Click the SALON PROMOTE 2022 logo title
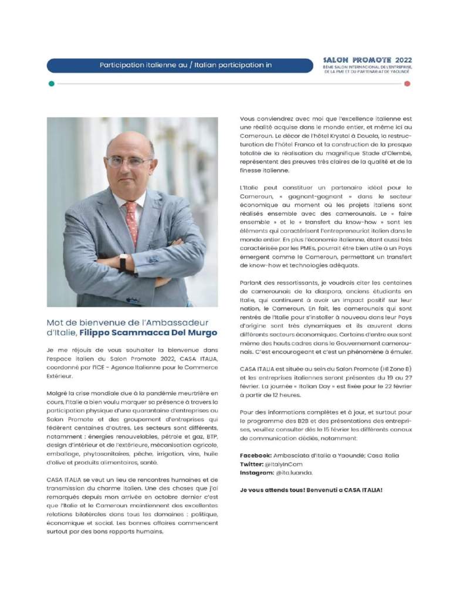point(368,60)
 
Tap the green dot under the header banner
point(52,84)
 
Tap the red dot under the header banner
point(407,84)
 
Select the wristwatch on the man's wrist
point(123,262)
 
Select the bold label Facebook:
point(256,456)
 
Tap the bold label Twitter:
point(253,464)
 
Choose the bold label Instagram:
point(257,472)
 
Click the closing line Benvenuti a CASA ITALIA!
point(342,489)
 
